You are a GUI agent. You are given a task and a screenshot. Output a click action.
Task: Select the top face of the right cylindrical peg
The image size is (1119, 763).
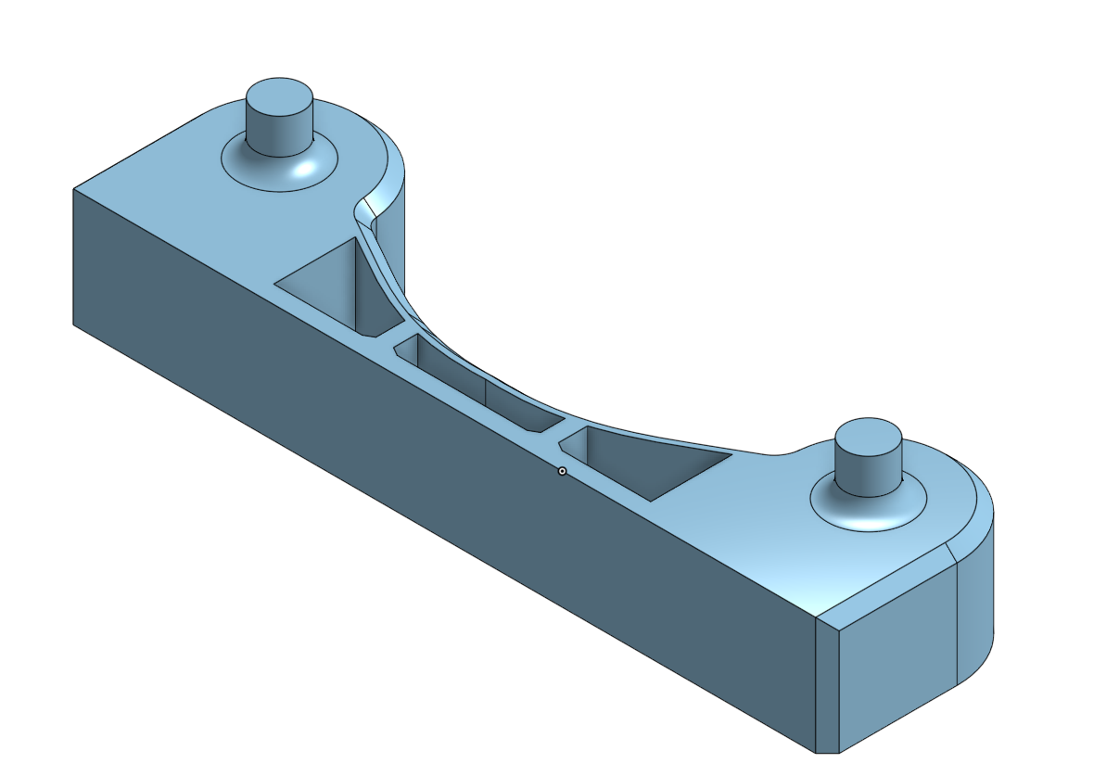pos(869,436)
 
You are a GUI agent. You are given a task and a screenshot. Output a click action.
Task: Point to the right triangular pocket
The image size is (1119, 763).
pos(649,464)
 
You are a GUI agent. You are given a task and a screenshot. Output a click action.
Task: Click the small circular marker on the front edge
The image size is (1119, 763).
pos(562,472)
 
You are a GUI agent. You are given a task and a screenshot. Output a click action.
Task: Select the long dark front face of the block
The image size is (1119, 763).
pos(417,464)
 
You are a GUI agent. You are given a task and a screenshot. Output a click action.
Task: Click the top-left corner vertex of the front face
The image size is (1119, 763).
pos(73,189)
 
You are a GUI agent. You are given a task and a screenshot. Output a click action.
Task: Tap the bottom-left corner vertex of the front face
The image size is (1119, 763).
pos(73,324)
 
